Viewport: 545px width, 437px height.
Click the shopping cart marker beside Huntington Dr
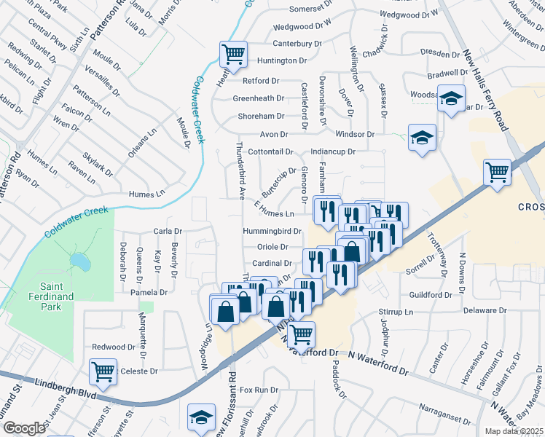232,54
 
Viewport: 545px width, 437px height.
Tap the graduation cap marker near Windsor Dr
421,137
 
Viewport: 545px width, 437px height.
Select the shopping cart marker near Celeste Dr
103,371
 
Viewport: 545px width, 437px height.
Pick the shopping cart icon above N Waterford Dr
300,334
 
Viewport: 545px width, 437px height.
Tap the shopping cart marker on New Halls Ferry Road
498,172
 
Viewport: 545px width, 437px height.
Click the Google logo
23,428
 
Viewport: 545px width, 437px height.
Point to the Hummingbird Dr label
272,231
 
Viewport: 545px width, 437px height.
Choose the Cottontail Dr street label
270,152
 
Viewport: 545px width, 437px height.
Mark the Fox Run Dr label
259,390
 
